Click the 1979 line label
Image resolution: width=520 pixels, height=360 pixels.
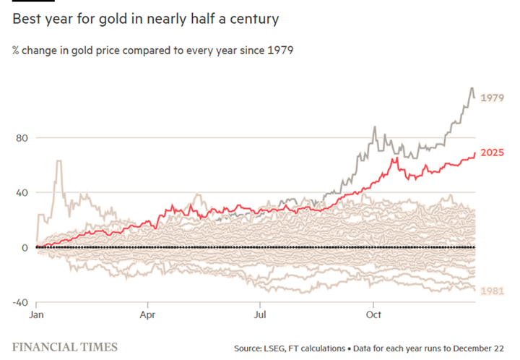(x=492, y=98)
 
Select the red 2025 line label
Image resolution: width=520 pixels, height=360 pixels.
(x=492, y=153)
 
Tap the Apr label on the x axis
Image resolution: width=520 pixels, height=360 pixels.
(x=148, y=315)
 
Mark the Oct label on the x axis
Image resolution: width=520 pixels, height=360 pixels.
(x=373, y=315)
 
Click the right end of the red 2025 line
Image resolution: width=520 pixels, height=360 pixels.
(x=474, y=153)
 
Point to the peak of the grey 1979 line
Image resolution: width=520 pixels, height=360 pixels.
(x=472, y=88)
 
